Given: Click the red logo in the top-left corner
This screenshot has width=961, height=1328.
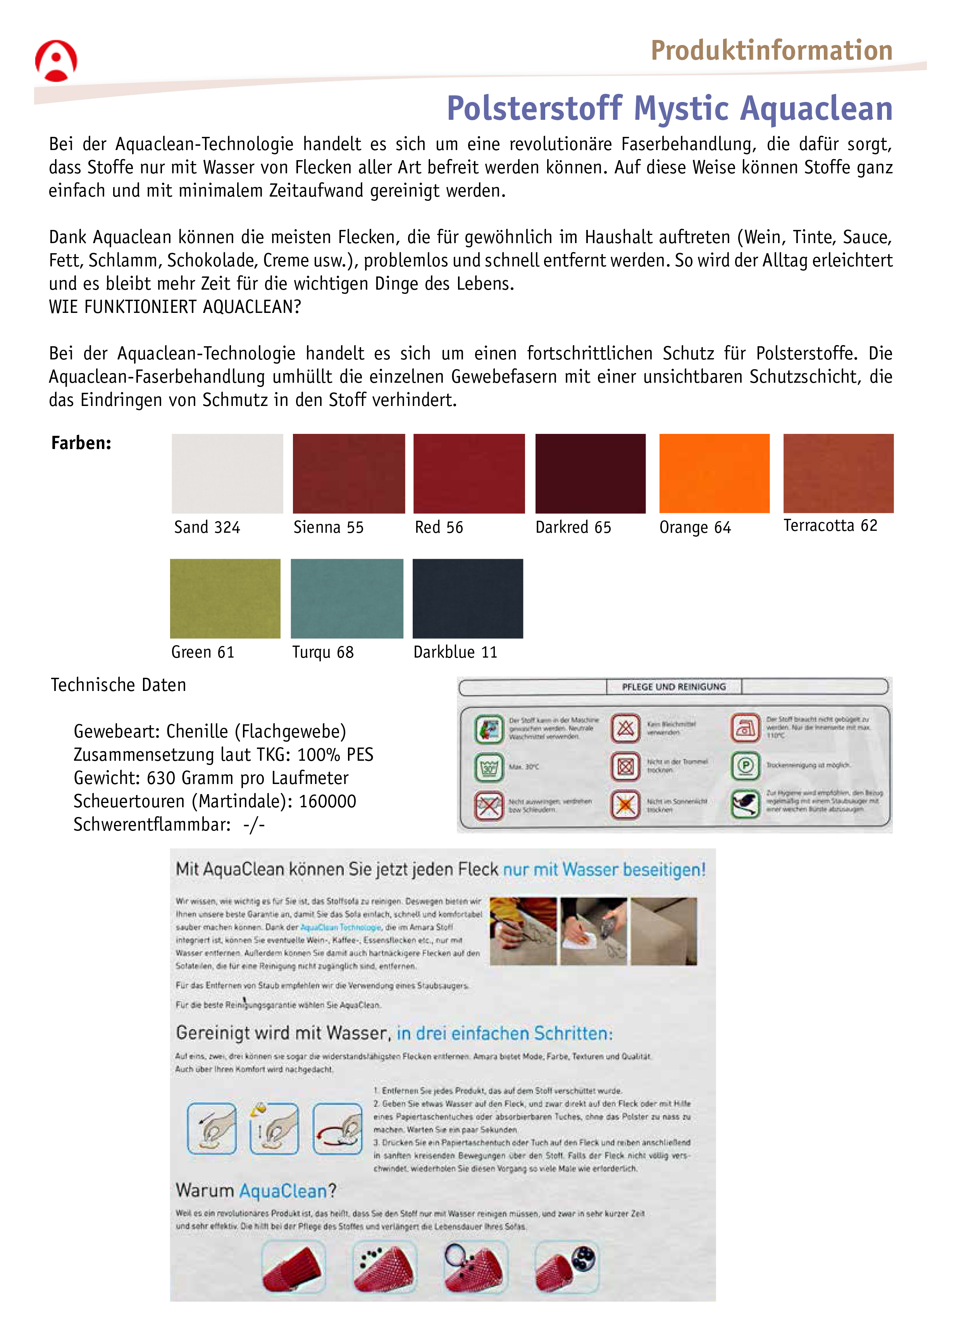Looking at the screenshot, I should click(x=56, y=61).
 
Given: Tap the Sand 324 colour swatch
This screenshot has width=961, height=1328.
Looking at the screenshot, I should click(x=227, y=473).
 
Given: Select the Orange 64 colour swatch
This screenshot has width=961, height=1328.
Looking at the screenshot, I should click(x=714, y=473).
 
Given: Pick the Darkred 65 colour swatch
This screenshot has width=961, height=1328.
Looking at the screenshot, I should click(x=590, y=473).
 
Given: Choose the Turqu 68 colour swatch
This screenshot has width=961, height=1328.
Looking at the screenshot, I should click(x=346, y=598).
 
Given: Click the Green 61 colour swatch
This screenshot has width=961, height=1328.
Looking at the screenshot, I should click(x=225, y=598).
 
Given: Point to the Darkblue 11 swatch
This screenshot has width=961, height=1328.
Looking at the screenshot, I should click(x=468, y=598).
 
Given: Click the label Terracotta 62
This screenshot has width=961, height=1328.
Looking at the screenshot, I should click(x=830, y=526).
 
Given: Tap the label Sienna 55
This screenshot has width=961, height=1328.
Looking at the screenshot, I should click(x=328, y=528).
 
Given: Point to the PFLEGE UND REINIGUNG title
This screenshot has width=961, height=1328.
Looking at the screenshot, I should click(x=673, y=687).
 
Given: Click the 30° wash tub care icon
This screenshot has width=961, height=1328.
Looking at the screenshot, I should click(x=489, y=767).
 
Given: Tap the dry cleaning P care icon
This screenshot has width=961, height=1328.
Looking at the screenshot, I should click(x=745, y=766).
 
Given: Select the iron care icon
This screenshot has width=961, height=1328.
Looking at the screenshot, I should click(x=745, y=728).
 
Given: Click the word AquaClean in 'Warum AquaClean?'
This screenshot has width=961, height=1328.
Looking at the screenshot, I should click(x=283, y=1192).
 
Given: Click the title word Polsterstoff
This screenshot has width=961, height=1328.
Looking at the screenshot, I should click(x=534, y=109).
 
